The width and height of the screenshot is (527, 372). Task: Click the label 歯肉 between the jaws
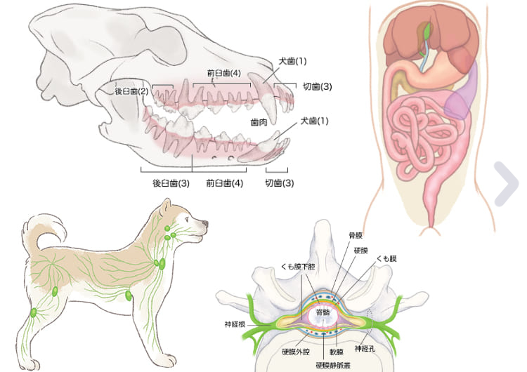click(x=259, y=122)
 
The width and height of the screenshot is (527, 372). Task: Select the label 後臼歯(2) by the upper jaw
click(x=131, y=91)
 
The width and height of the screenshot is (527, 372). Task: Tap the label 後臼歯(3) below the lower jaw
click(x=171, y=183)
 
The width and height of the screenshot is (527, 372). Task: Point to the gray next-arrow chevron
click(x=507, y=184)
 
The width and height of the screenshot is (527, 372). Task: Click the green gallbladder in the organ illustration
click(x=427, y=30)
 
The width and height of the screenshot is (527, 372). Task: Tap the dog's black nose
click(x=204, y=224)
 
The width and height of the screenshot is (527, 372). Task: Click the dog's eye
click(x=187, y=218)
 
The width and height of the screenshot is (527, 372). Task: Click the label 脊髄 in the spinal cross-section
click(x=323, y=312)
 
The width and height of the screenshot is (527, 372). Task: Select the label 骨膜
click(x=356, y=235)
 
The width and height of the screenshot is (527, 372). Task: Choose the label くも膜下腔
click(x=298, y=267)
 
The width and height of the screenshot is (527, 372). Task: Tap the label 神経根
click(x=235, y=324)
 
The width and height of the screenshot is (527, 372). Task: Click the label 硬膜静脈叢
click(x=333, y=365)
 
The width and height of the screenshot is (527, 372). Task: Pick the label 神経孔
click(x=365, y=349)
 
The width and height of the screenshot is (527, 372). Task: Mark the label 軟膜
click(x=336, y=352)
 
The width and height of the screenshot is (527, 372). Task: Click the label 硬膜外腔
click(x=296, y=352)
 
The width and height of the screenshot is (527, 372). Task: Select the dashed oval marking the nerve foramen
click(x=370, y=321)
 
